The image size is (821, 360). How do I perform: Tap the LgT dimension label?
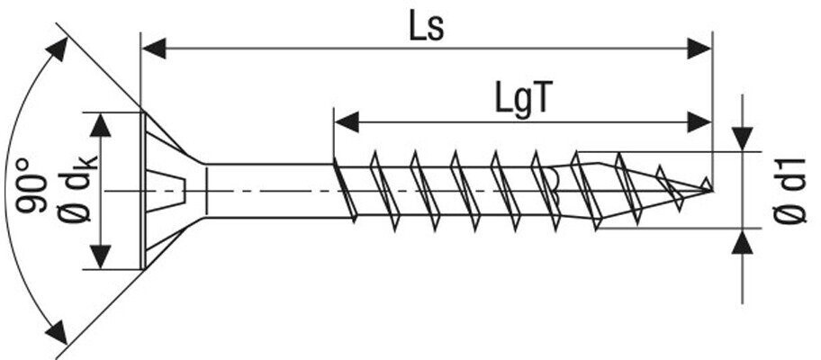522,100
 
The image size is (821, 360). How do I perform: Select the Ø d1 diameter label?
791,191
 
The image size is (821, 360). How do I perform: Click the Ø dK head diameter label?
78,190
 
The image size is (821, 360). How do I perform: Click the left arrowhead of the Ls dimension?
154,48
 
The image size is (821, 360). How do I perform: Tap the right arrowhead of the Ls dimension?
699,48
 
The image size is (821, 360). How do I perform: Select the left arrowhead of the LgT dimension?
347,121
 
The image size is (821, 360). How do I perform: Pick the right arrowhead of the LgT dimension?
699,121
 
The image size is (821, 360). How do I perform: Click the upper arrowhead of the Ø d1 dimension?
742,139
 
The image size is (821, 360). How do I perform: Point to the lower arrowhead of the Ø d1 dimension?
742,241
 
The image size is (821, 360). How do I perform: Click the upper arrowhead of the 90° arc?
57,49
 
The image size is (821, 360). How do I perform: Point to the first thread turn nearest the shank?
345,190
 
